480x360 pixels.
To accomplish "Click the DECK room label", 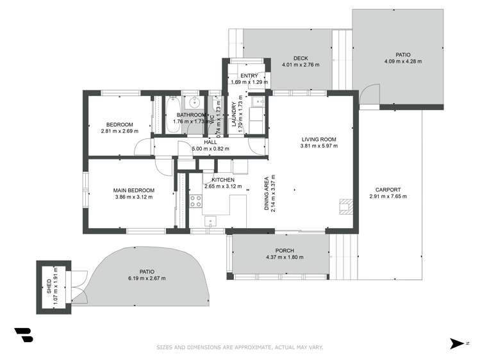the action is tap(301, 58).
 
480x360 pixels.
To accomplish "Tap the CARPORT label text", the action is tap(388, 190).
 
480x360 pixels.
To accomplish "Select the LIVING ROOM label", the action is tap(319, 139).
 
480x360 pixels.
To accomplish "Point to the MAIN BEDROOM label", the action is tap(134, 190).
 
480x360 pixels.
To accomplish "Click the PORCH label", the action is tap(285, 250).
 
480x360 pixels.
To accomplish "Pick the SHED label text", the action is tap(49, 286).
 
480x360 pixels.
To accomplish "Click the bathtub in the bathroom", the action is tap(173, 115).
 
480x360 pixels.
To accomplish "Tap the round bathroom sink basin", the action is tap(194, 102).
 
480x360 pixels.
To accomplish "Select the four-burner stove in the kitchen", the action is tap(195, 201).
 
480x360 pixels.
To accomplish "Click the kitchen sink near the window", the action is tap(210, 221).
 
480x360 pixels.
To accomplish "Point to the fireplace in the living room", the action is tap(346, 206).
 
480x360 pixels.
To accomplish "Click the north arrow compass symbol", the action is tap(457, 343).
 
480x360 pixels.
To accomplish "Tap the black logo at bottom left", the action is tap(24, 335).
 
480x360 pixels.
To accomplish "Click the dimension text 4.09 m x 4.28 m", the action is tap(403, 61).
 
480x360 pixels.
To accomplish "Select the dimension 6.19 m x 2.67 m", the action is tap(147, 279).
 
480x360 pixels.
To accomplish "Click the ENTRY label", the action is tap(249, 76).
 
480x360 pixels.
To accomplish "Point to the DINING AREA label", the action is tap(267, 193).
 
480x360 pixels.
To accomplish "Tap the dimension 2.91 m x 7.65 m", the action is tap(388, 197).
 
